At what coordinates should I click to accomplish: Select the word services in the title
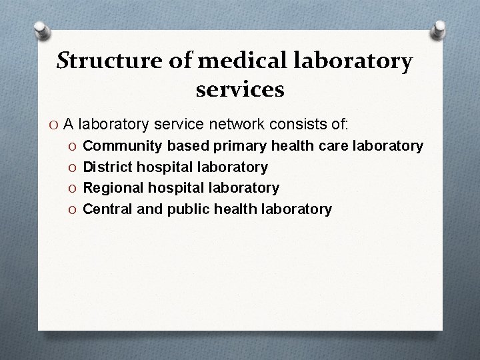coord(240,89)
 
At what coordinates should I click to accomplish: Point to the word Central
coord(108,209)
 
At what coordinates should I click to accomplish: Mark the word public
coord(186,209)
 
